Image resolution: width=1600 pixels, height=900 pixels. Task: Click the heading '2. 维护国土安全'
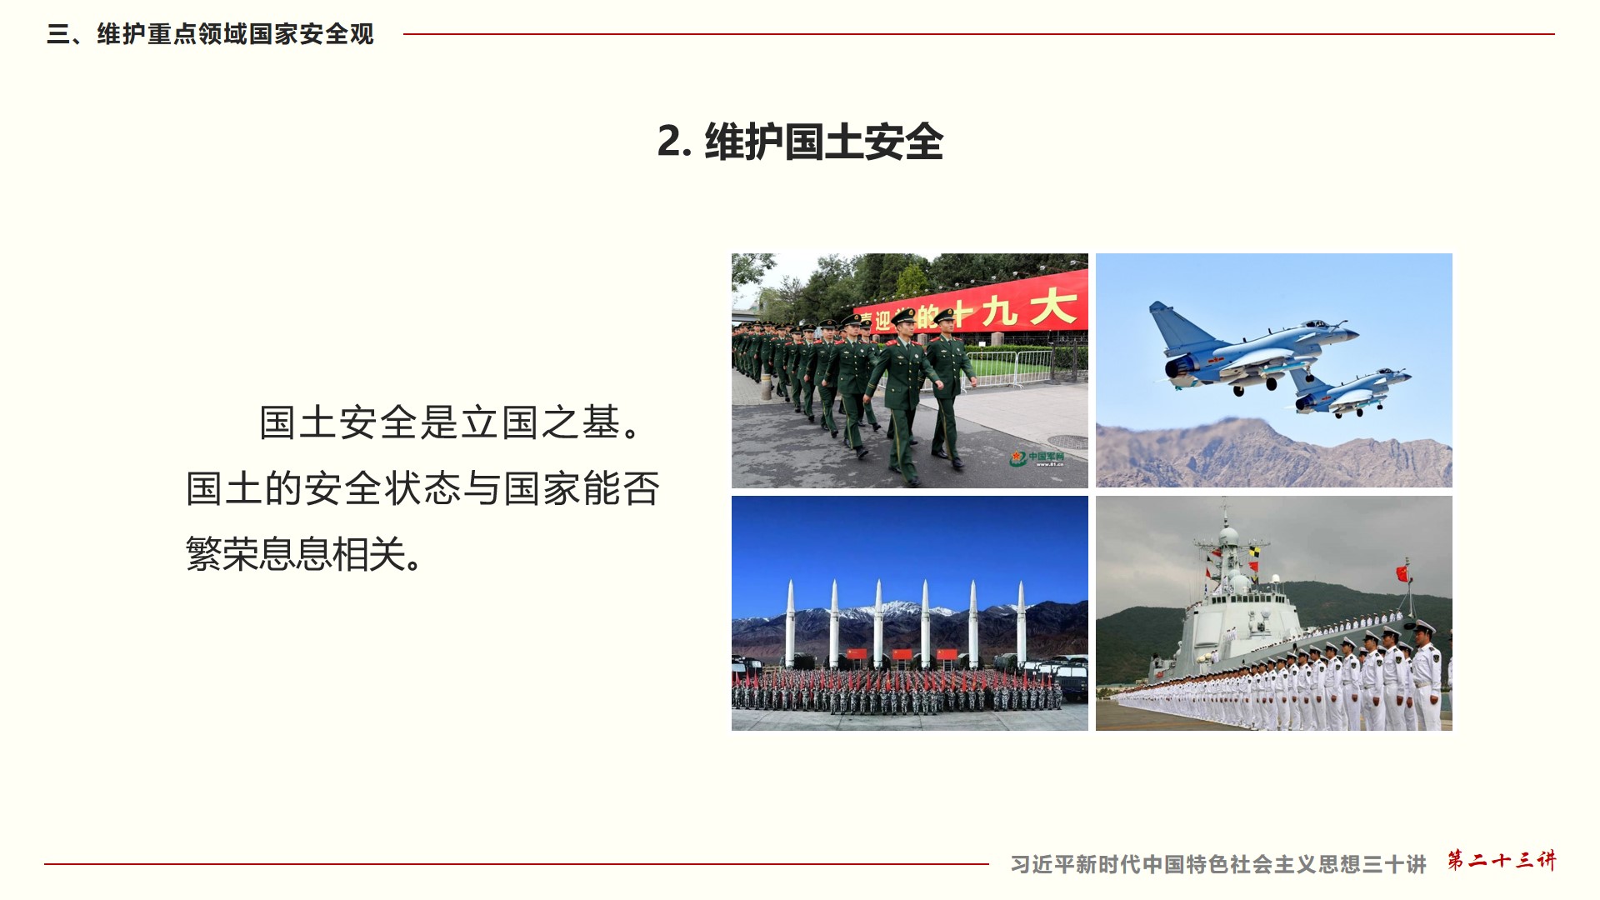click(x=800, y=142)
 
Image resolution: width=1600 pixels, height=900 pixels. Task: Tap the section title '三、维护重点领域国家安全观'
click(x=210, y=34)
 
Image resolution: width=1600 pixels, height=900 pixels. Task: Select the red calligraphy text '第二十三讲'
click(x=1502, y=860)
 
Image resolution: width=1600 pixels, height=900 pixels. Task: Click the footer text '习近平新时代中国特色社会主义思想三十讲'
click(x=1218, y=864)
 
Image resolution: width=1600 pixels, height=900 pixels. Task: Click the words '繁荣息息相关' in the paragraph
click(x=295, y=553)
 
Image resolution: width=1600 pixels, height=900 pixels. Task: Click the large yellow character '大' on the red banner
click(x=1052, y=306)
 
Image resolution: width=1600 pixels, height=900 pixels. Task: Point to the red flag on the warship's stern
click(x=1402, y=573)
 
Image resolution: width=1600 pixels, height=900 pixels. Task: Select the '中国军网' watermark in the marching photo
click(x=1038, y=458)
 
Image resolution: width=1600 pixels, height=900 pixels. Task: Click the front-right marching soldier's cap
click(x=944, y=315)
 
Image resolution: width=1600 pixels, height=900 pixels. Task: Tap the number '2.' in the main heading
click(x=674, y=142)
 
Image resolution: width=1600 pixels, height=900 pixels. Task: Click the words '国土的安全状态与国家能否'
click(x=422, y=488)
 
